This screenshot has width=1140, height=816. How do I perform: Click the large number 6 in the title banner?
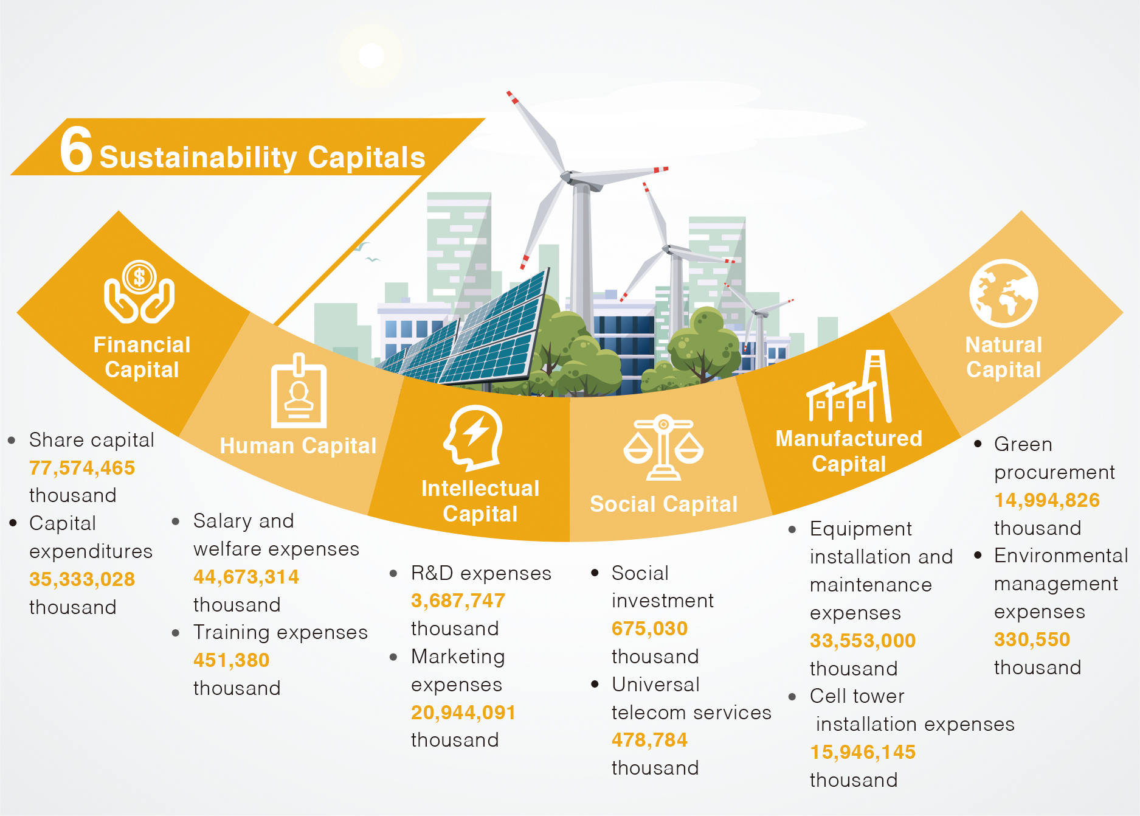[x=76, y=149]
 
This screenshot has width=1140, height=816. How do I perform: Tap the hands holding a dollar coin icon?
[x=139, y=292]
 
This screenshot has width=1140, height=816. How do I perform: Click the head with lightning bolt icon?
[x=473, y=438]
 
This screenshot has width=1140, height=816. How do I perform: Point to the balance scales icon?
[x=663, y=448]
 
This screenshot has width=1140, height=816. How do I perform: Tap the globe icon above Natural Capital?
[x=1004, y=293]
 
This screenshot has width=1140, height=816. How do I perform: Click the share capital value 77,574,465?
[x=82, y=468]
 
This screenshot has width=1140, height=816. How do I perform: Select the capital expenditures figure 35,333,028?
[x=82, y=579]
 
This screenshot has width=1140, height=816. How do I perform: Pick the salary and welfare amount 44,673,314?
[x=246, y=577]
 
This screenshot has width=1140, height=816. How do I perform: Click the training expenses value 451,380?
[x=231, y=660]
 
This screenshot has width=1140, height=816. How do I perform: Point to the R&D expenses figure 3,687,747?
[x=458, y=601]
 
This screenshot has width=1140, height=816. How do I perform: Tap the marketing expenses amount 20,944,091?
[x=463, y=713]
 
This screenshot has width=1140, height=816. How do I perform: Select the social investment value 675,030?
[x=649, y=629]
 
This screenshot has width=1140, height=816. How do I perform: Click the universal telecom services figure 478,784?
[x=649, y=740]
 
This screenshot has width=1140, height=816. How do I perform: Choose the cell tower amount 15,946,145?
[x=863, y=752]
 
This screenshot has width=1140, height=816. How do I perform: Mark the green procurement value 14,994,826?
[x=1047, y=500]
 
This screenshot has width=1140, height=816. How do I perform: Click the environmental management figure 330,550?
[x=1032, y=640]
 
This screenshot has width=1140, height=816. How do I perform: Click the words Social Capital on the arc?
[x=663, y=504]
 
